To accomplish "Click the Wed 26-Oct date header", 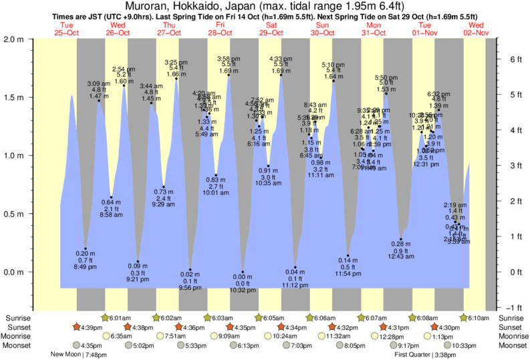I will click(x=118, y=29).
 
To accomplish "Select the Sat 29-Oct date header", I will click(x=271, y=29).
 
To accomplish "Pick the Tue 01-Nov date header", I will click(x=424, y=29).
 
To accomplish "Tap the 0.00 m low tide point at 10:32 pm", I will click(x=243, y=273).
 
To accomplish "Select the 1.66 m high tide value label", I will click(x=176, y=74).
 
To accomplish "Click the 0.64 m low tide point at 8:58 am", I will click(x=112, y=197).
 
